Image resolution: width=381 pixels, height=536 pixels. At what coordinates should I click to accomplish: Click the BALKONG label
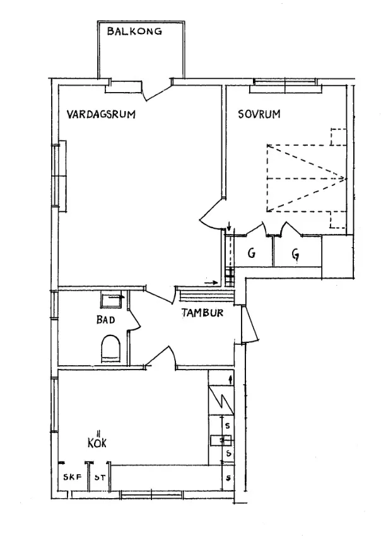coord(134,30)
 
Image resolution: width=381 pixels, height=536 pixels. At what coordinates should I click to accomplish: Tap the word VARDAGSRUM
coord(102,115)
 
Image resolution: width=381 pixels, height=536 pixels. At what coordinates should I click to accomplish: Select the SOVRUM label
coord(259,115)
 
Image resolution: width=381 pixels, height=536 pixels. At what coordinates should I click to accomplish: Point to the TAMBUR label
coord(202,313)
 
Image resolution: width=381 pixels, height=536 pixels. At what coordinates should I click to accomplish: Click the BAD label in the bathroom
coord(105,320)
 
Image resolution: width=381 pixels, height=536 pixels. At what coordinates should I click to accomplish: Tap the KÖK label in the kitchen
coord(97,441)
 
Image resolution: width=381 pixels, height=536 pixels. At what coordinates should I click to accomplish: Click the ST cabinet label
coord(99,478)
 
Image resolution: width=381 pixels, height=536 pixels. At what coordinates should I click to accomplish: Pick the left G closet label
coord(251,254)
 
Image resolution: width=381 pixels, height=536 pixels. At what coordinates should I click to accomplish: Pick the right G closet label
coord(295,254)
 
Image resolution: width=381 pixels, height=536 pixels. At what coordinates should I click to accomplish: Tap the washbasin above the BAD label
coord(114,300)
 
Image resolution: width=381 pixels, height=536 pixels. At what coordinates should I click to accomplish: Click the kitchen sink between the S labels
coord(221,440)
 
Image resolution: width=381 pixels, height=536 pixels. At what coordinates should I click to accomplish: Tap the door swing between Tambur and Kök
coord(161,356)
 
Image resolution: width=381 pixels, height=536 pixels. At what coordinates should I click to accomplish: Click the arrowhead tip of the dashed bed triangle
coord(346,178)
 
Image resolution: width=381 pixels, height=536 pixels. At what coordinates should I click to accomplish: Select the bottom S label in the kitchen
coord(228,478)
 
